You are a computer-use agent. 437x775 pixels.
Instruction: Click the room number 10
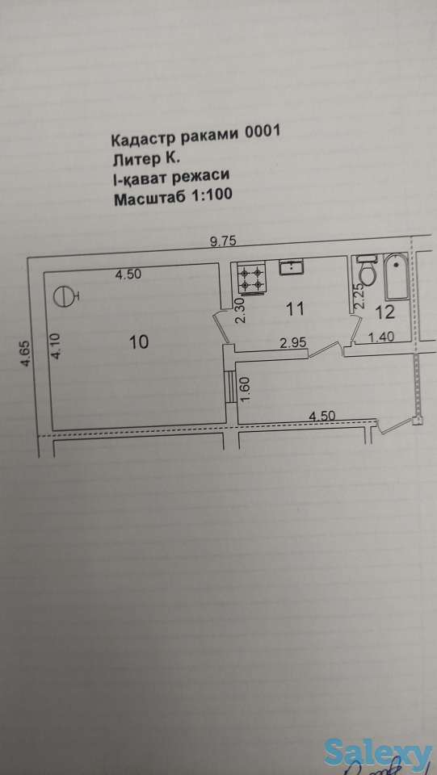tap(139, 341)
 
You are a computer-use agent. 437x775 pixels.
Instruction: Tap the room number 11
tap(295, 307)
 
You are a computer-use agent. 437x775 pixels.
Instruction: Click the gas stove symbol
tap(251, 279)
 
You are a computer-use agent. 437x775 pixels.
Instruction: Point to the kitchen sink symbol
tap(291, 267)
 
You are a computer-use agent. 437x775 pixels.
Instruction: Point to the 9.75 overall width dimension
tap(223, 240)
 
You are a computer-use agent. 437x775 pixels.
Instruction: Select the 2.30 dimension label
tap(239, 311)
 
